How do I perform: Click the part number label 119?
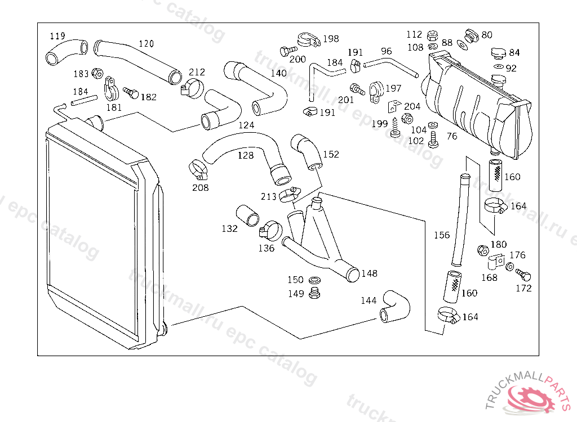[57, 36]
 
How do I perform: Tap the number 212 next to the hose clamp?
[197, 72]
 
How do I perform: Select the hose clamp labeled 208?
[197, 167]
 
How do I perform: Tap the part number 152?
[331, 154]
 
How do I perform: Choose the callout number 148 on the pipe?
[370, 273]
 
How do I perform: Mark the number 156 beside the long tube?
[442, 235]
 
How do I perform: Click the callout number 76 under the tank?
[452, 136]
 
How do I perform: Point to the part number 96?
[386, 52]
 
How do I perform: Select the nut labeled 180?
[482, 249]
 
